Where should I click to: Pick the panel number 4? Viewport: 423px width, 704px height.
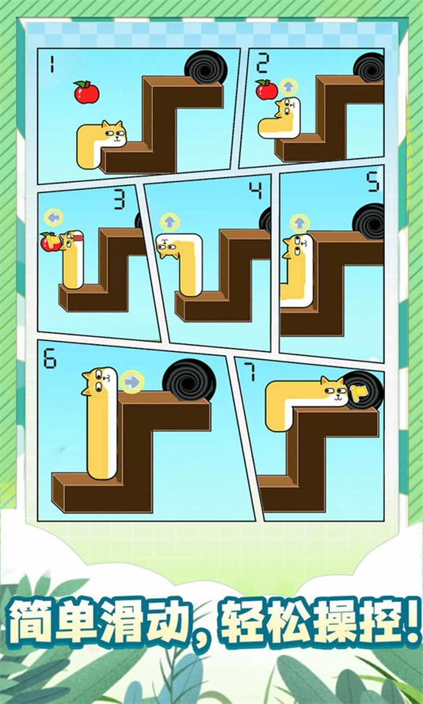(x=254, y=190)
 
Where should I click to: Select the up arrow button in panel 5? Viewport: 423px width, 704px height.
(x=299, y=222)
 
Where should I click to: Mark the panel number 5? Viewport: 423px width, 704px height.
(x=373, y=183)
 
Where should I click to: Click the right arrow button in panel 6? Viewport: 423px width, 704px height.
(x=132, y=382)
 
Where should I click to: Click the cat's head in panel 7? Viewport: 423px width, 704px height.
(x=333, y=390)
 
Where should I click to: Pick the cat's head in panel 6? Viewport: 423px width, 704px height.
(x=98, y=382)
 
